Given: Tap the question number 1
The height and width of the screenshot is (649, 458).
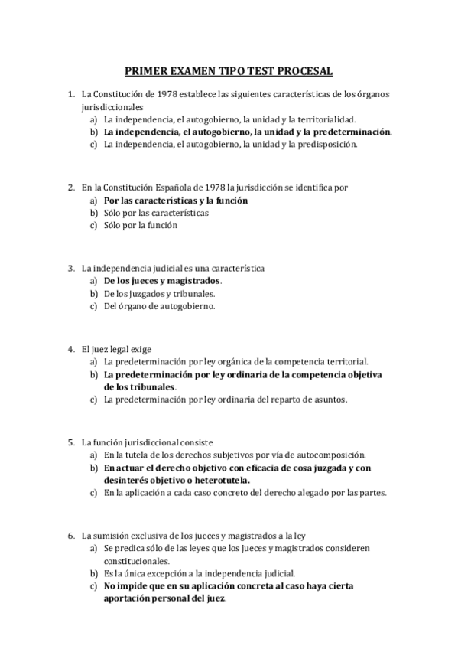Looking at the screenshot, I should click(x=70, y=94).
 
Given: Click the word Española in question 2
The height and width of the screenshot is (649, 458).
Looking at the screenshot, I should click(x=172, y=187).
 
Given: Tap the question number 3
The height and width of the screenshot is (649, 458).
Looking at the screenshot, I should click(x=70, y=268).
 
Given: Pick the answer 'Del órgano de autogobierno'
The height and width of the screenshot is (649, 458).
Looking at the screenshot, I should click(x=160, y=306).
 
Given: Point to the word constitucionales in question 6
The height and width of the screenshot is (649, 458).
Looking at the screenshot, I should click(x=138, y=560).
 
